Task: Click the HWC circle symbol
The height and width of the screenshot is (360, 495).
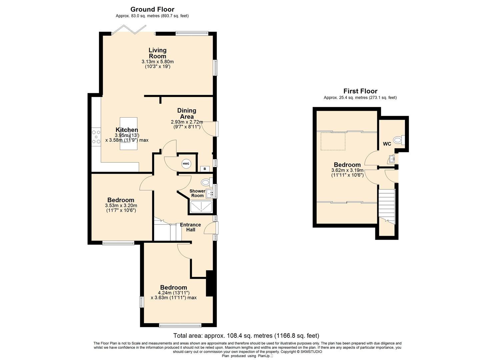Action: tap(186, 164)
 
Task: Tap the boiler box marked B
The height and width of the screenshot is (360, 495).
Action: tap(205, 169)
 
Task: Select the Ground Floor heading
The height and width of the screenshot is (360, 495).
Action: tap(152, 9)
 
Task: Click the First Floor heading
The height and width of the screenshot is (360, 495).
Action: tap(360, 91)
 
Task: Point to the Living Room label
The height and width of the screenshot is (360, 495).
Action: tap(157, 53)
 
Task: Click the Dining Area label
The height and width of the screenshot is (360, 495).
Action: tap(187, 113)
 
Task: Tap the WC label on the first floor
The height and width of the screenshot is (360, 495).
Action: tap(387, 144)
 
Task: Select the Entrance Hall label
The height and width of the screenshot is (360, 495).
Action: tap(190, 227)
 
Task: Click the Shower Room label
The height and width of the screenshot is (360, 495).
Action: tap(197, 193)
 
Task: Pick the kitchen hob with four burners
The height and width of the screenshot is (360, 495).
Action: tap(96, 137)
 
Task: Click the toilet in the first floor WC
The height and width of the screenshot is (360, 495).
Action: tap(399, 140)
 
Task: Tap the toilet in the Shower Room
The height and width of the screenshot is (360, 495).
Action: tap(207, 182)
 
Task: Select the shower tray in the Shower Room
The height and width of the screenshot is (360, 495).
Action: tap(201, 207)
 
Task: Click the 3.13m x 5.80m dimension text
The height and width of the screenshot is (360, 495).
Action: tap(158, 62)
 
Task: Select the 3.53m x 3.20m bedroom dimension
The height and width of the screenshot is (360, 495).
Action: tap(121, 206)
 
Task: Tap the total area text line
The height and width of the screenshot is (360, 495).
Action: tap(246, 336)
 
